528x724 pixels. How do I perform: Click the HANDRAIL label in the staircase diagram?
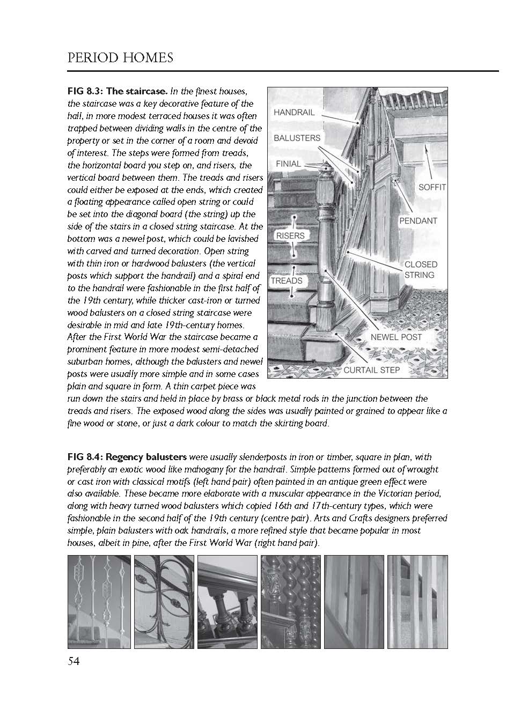[294, 113]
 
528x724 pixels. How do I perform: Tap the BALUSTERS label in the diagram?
[297, 138]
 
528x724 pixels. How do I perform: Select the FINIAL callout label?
[288, 164]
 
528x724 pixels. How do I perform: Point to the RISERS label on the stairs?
[290, 235]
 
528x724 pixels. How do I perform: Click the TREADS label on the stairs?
[287, 280]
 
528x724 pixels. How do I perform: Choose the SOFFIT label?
[432, 188]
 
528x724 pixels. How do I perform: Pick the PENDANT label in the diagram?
[418, 220]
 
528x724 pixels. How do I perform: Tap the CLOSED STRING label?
[421, 269]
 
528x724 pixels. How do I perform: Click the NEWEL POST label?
[397, 337]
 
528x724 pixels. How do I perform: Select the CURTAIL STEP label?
[371, 370]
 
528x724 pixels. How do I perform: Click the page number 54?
[74, 661]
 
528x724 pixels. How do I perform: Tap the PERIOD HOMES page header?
[120, 57]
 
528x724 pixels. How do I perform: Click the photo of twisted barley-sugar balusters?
[290, 602]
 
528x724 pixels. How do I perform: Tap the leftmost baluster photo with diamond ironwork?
[99, 602]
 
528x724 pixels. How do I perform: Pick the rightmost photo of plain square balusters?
[417, 602]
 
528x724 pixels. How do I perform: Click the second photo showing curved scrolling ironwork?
[163, 602]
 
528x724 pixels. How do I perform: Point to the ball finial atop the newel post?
[325, 171]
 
